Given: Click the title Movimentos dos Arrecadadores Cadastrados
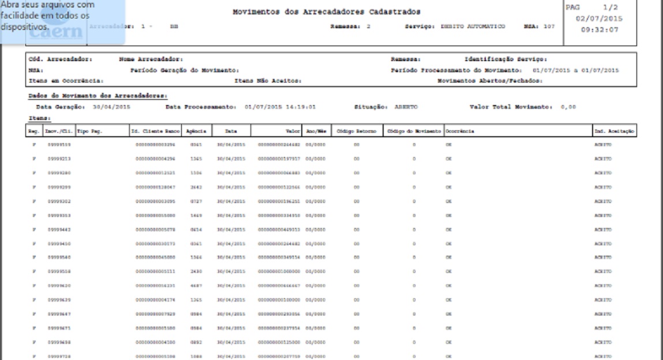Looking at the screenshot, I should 326,12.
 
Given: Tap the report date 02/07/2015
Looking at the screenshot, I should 602,18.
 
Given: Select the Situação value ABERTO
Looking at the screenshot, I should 407,107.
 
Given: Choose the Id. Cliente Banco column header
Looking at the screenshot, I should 156,132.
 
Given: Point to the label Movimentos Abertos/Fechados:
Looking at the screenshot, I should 489,81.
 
